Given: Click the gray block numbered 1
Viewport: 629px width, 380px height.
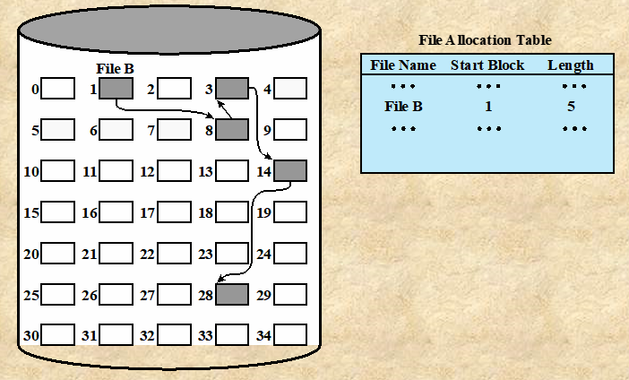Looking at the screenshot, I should (116, 88).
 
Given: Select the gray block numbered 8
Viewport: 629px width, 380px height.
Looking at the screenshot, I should (231, 130).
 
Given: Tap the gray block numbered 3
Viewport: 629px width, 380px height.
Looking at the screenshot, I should (232, 88).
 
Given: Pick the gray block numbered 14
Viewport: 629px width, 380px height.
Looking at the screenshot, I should (290, 170).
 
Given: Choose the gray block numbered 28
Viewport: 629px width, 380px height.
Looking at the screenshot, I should (231, 294).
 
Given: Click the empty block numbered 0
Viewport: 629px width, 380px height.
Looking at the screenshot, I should (58, 88).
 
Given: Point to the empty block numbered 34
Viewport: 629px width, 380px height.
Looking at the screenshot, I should (290, 335).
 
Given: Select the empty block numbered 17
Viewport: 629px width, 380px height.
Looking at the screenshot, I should (175, 212).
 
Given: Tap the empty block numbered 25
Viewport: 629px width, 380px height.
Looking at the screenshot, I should (58, 294).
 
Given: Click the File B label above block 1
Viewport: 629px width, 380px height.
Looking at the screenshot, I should (115, 68).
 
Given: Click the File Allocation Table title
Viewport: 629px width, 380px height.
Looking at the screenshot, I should (485, 40).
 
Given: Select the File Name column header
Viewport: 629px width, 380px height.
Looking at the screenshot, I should (403, 65).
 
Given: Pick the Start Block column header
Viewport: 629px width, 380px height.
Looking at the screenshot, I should (487, 65).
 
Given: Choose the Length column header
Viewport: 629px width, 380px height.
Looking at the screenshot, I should (571, 65).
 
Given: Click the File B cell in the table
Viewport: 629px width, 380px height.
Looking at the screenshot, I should (403, 107).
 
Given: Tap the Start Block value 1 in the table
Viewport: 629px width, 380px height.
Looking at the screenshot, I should (487, 107).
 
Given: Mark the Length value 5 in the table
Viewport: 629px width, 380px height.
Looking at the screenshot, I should (571, 107).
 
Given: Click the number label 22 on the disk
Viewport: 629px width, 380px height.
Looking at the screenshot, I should (148, 255).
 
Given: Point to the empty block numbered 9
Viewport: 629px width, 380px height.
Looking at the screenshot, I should (290, 130).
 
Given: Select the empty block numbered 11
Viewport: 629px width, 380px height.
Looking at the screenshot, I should (116, 170).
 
